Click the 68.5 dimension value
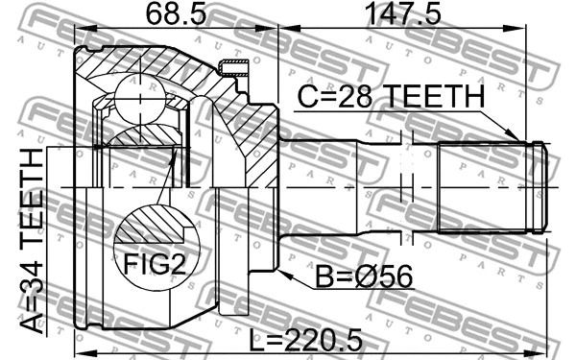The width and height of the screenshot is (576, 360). point(176,14)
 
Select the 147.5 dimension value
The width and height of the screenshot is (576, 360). point(404,14)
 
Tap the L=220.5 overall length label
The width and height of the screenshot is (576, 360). point(305,340)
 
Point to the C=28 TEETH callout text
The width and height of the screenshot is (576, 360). point(391,96)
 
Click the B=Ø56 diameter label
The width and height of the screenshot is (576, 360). point(364,277)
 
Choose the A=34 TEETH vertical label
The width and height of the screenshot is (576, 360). point(32,241)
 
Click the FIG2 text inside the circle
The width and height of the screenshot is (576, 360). point(155,264)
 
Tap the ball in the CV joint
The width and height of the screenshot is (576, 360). point(140,99)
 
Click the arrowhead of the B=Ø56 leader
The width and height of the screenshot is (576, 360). point(285,274)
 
